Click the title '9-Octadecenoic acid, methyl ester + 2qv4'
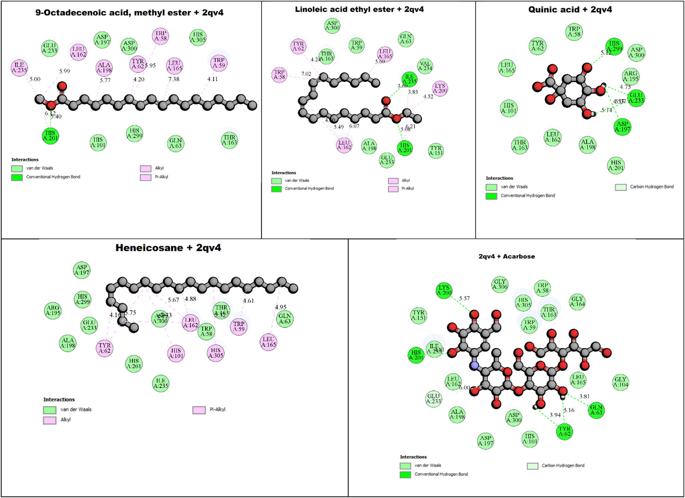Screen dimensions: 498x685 [x=129, y=13]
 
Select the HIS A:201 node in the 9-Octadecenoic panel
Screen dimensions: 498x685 [x=50, y=136]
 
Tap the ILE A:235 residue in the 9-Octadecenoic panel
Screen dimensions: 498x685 [x=19, y=68]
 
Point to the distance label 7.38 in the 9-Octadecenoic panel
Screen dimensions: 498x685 [x=174, y=79]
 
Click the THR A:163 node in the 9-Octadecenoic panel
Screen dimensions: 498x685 [x=229, y=140]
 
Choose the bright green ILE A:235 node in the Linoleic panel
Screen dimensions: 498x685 [x=409, y=79]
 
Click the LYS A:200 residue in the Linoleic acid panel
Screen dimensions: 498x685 [x=440, y=88]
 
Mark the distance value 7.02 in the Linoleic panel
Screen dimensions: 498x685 [x=306, y=74]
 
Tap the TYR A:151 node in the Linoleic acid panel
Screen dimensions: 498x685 [x=436, y=150]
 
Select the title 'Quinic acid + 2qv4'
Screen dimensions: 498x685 [x=570, y=10]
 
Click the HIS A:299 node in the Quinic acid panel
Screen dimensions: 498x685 [x=614, y=46]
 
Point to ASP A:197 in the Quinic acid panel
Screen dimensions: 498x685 [x=622, y=126]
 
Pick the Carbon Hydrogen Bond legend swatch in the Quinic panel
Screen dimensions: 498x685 [x=621, y=187]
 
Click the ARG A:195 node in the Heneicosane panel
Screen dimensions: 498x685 [x=53, y=310]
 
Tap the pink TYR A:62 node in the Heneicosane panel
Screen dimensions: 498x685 [x=104, y=348]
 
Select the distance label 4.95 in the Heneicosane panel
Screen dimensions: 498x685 [x=281, y=307]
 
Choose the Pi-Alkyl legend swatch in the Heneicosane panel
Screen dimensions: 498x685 [x=199, y=410]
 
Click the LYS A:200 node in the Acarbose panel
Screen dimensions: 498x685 [x=444, y=290]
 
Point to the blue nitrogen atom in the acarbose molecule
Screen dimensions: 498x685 [x=474, y=366]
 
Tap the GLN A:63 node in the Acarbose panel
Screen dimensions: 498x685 [x=596, y=410]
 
